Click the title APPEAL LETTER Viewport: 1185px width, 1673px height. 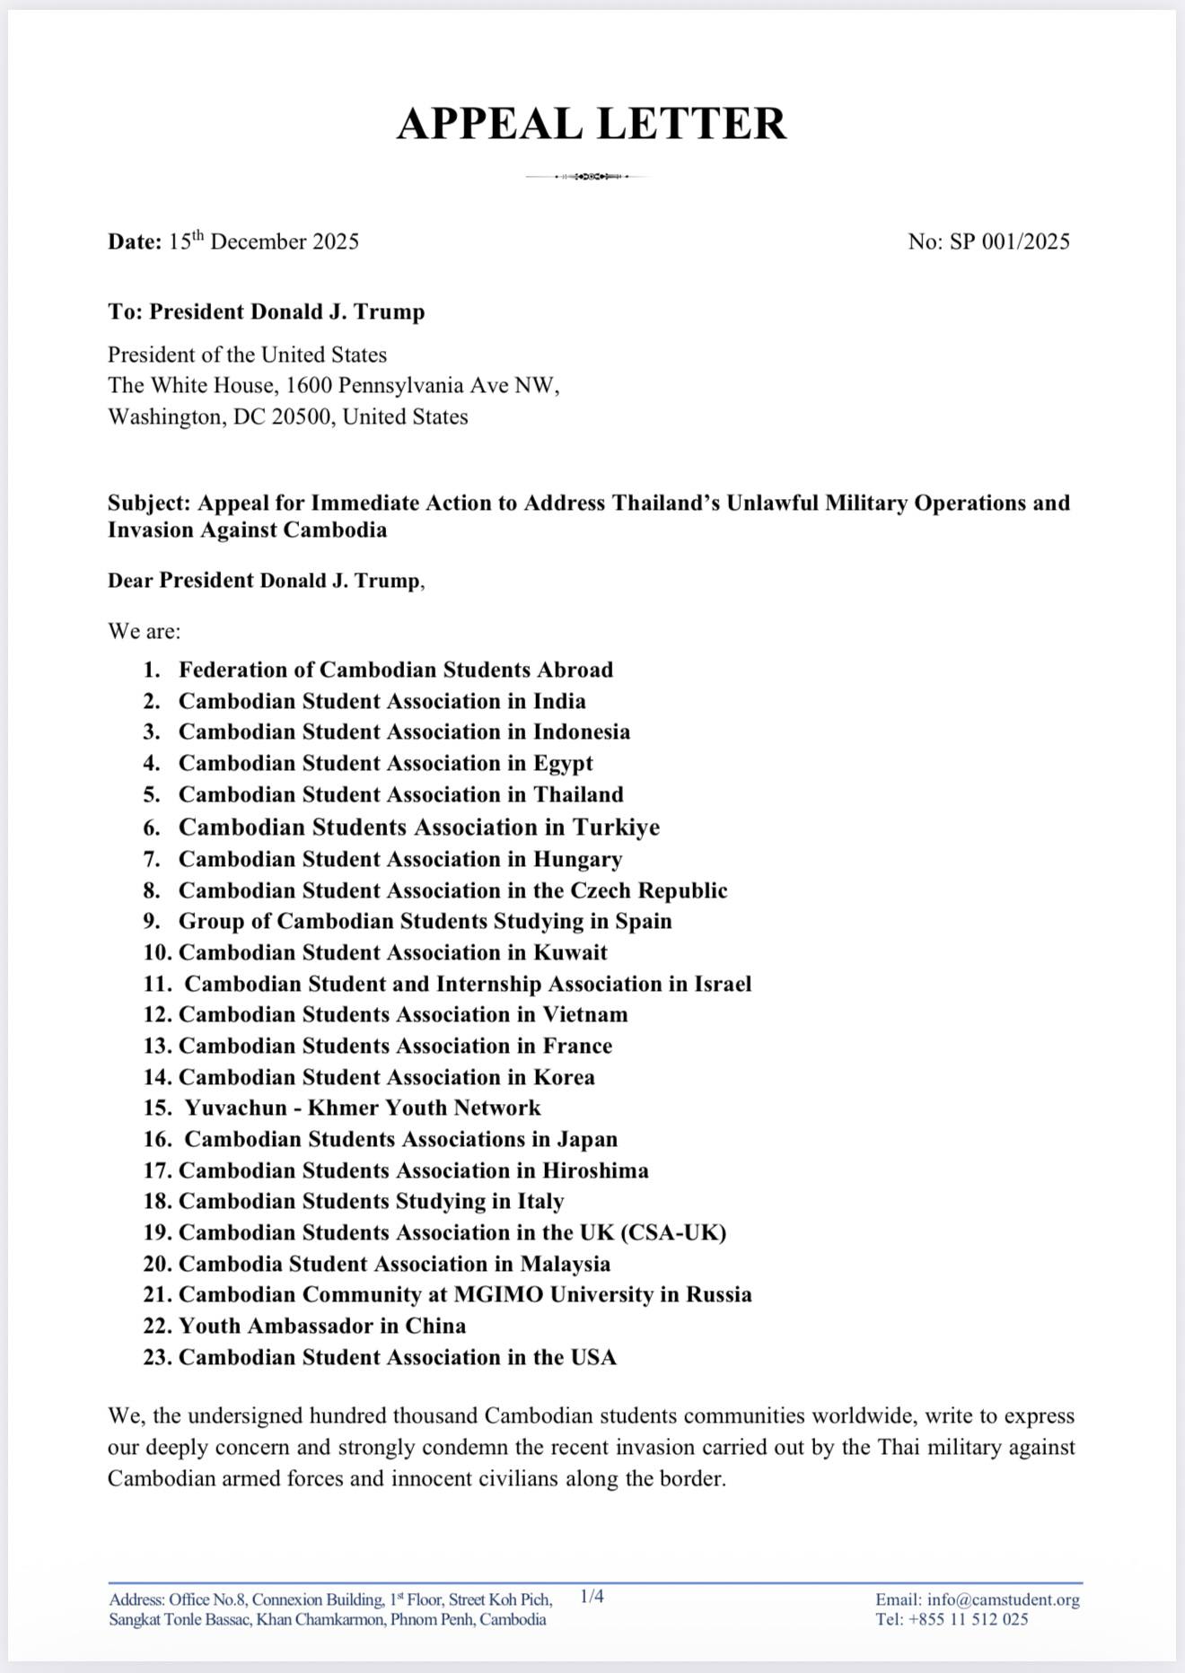[x=592, y=124]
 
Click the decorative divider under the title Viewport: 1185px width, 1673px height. [x=590, y=177]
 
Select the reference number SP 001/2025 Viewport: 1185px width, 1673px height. [x=1010, y=241]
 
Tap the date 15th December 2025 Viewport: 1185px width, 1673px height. [x=263, y=241]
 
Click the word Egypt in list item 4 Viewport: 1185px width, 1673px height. [x=563, y=763]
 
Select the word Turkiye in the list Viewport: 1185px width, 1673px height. [x=616, y=827]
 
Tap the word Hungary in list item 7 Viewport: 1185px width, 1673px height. [x=577, y=859]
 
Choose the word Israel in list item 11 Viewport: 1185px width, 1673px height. [x=722, y=984]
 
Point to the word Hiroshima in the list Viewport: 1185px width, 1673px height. [x=595, y=1170]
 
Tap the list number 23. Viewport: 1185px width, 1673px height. [x=157, y=1357]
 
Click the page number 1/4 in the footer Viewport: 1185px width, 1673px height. [x=592, y=1596]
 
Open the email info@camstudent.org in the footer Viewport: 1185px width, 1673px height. [x=1003, y=1599]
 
